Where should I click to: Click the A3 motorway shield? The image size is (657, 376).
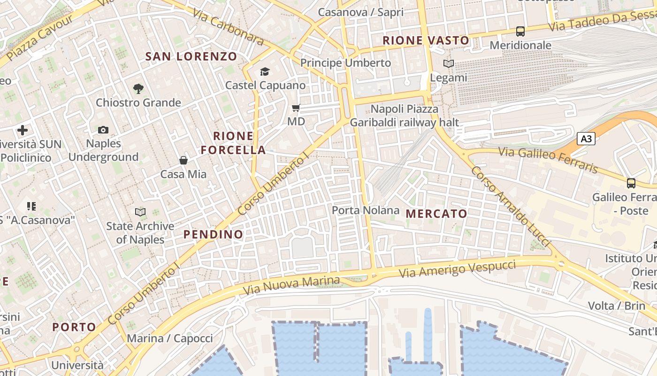(x=586, y=139)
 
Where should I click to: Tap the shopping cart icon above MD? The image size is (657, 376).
(x=296, y=108)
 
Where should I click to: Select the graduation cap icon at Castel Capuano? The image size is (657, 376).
(x=265, y=71)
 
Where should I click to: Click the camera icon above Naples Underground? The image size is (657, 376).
(x=103, y=130)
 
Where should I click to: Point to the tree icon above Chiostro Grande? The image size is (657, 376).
(x=138, y=88)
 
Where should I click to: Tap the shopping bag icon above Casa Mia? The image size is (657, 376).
(x=183, y=160)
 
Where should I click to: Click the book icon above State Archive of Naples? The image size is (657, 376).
(x=140, y=212)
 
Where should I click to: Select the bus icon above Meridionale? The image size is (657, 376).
(x=520, y=31)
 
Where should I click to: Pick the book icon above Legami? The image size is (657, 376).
(x=449, y=63)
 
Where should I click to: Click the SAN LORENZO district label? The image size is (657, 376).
(x=191, y=57)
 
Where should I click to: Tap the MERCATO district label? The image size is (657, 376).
(x=436, y=214)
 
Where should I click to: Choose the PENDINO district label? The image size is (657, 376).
(x=214, y=234)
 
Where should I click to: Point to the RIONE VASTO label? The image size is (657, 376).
(x=426, y=40)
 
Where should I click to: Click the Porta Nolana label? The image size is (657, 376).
(x=366, y=210)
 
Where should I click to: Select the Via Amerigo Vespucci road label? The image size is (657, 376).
(x=457, y=269)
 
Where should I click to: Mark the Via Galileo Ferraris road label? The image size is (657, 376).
(x=548, y=159)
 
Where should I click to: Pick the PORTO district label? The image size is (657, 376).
(x=74, y=327)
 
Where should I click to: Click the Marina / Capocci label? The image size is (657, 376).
(x=169, y=338)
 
